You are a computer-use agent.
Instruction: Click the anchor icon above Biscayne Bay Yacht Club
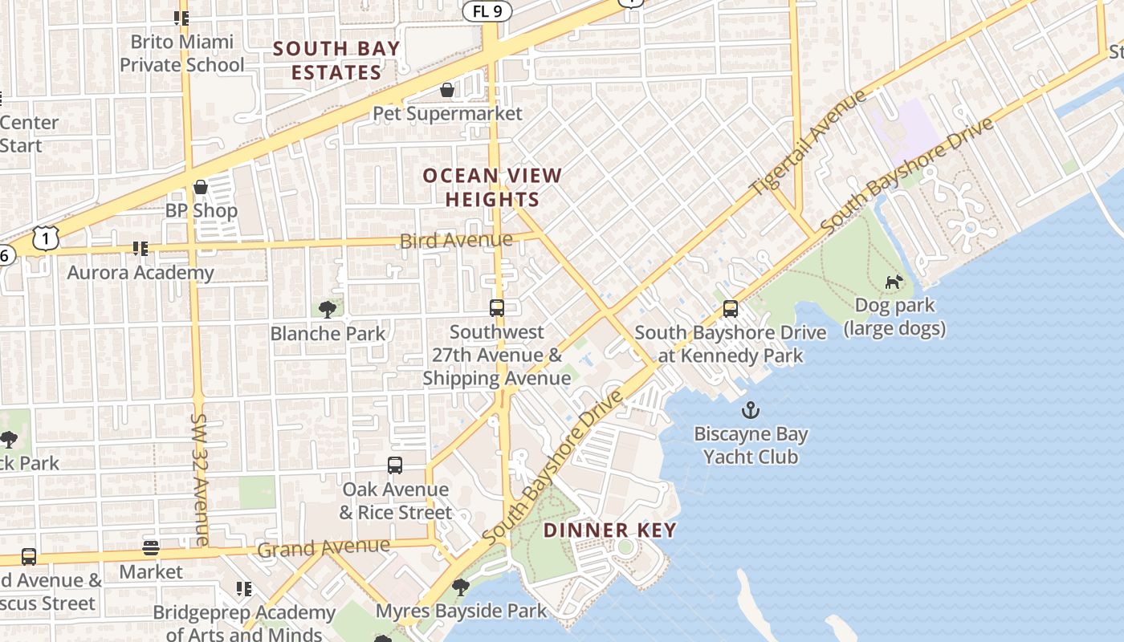pos(750,411)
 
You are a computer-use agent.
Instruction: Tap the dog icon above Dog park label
pos(893,282)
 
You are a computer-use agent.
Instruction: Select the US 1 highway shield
pos(47,238)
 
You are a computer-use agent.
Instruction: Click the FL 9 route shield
pos(486,10)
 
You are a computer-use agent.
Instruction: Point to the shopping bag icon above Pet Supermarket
pos(447,89)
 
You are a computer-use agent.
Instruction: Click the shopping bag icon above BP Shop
pos(201,187)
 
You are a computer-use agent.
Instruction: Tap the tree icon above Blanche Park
pos(327,309)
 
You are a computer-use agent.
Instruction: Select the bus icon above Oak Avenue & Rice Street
pos(395,465)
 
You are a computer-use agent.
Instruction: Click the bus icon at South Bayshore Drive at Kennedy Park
pos(731,309)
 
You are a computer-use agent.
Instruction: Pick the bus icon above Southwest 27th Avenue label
pos(497,308)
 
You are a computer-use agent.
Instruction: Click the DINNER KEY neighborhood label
pos(610,530)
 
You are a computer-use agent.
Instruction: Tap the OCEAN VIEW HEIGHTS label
pos(492,187)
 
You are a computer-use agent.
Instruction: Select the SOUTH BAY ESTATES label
pos(336,60)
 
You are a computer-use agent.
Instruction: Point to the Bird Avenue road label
pos(456,240)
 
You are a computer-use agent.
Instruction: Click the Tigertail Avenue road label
pos(808,142)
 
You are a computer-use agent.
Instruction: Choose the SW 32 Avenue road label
pos(200,479)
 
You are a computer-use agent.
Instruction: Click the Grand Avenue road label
pos(324,548)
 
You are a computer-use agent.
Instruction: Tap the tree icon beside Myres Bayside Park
pos(461,587)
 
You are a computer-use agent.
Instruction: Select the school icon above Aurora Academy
pos(140,249)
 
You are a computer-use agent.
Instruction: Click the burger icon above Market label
pos(151,548)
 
